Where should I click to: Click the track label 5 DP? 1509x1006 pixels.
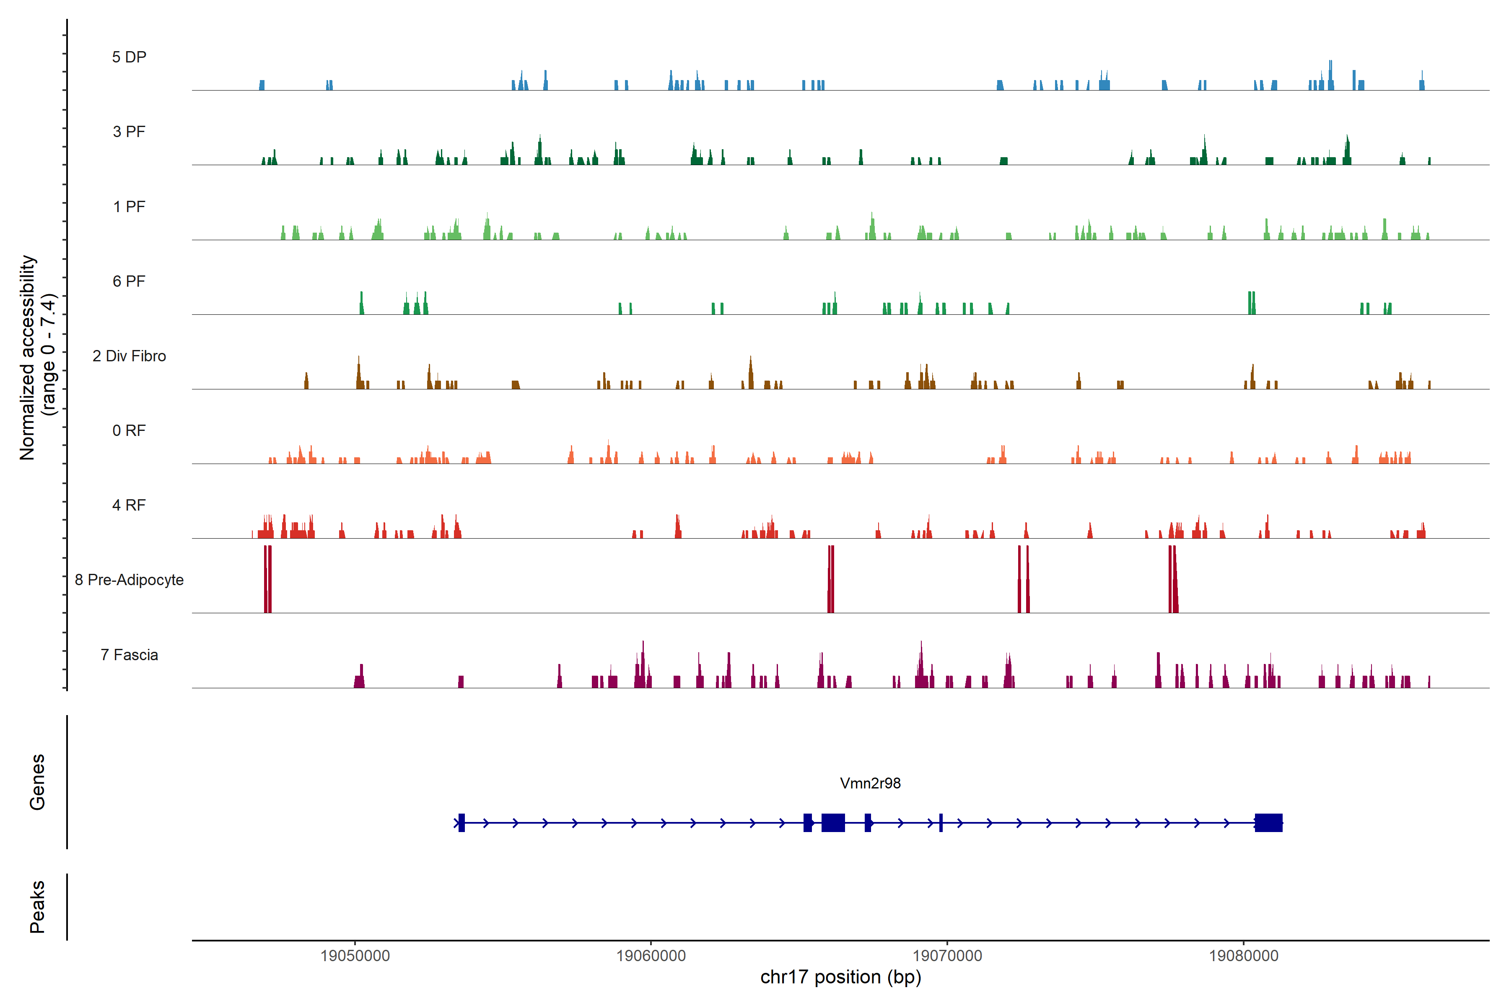coord(129,57)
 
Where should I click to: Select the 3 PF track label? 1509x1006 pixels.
coord(129,132)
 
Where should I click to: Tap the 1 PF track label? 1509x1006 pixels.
coord(129,207)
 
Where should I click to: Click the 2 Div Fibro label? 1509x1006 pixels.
coord(129,356)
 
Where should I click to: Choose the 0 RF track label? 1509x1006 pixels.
coord(129,430)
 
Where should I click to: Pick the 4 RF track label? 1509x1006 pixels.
coord(129,505)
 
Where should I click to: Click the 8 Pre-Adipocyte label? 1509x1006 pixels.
coord(129,580)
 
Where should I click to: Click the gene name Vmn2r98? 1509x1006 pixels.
coord(870,783)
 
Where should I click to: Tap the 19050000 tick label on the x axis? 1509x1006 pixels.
coord(355,956)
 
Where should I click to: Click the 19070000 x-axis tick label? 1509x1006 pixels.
coord(947,956)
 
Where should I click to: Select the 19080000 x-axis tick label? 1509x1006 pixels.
coord(1243,956)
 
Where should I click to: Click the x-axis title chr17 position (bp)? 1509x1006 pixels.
coord(840,977)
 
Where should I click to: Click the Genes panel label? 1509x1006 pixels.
coord(37,782)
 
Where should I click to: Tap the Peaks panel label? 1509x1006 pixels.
coord(37,907)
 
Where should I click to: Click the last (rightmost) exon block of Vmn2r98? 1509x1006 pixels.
coord(1268,822)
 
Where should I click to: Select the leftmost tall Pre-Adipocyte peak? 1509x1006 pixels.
coord(267,579)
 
